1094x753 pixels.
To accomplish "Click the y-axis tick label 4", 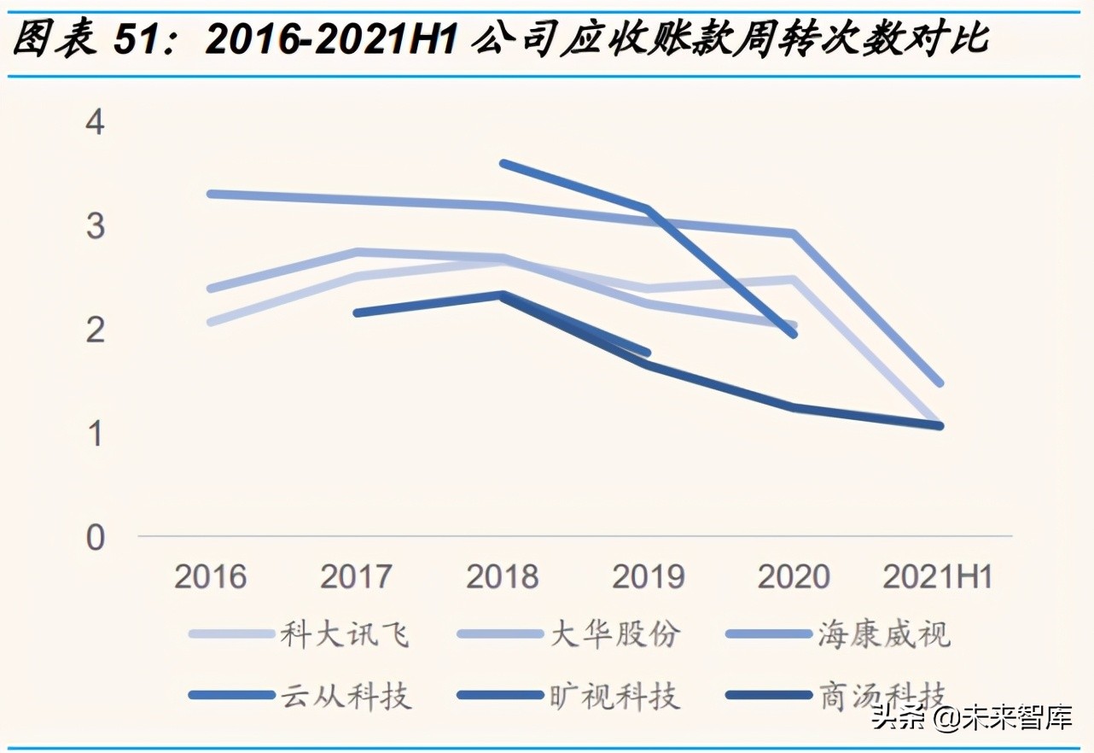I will point(95,123).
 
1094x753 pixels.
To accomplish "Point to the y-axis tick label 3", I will point(95,227).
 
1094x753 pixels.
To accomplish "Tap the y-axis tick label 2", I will point(95,330).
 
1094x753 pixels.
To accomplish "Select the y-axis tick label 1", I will point(95,434).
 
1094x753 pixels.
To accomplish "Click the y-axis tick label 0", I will point(95,538).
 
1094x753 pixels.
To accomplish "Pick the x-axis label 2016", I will point(210,577).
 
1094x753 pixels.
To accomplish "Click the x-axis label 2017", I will point(356,577).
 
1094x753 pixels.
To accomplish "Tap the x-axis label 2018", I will point(502,577).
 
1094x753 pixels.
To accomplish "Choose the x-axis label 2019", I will point(648,577).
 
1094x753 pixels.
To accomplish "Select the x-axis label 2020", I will point(794,577).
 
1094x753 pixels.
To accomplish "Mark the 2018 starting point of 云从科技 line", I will point(503,163).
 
